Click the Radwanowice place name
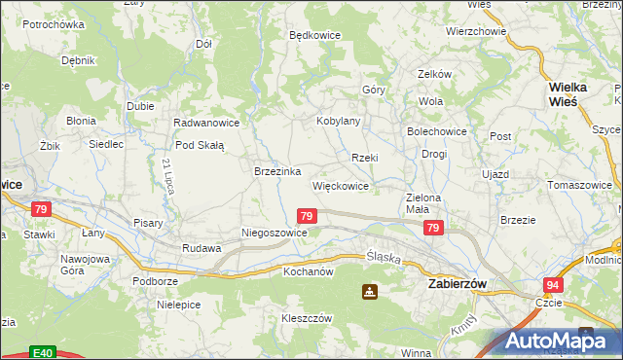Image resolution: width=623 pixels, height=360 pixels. click(206, 123)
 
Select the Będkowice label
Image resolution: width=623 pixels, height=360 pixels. click(314, 35)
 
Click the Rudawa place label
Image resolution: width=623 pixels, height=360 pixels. click(202, 248)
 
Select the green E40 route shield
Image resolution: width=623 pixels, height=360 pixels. click(41, 353)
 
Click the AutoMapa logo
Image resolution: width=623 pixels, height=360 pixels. click(554, 341)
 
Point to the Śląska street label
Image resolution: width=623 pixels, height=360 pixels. click(384, 257)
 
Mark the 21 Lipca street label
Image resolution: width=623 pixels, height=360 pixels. click(168, 176)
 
